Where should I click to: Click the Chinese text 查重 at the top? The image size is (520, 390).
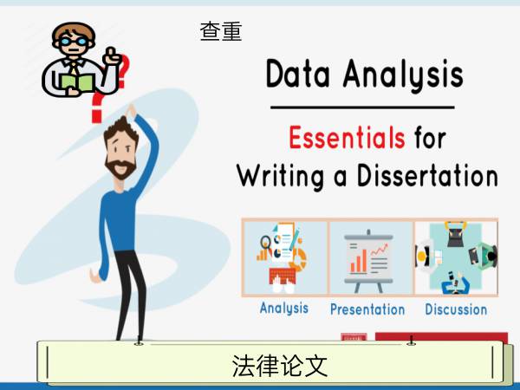point(221,31)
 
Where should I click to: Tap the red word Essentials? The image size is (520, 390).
point(347,138)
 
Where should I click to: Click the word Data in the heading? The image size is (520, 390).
point(298,74)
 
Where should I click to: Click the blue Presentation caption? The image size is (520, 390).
point(367,309)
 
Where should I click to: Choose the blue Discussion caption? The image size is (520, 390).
point(456,309)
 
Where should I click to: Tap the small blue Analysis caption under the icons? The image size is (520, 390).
point(284,309)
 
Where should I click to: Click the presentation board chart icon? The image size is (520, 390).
point(369,262)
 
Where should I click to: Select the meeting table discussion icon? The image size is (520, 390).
point(456,258)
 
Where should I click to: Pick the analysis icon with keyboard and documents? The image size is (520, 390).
point(282,258)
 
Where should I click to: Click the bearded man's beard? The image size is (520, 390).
point(120,168)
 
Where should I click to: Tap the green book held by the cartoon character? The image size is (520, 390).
point(77,83)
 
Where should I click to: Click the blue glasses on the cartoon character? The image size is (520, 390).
point(74,42)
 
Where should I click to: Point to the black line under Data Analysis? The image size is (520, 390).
point(362,107)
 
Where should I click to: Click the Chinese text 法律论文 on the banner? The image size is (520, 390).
point(280,366)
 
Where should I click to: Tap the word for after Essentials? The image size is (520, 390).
point(430,137)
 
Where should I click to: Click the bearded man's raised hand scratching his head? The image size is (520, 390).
point(131,111)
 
